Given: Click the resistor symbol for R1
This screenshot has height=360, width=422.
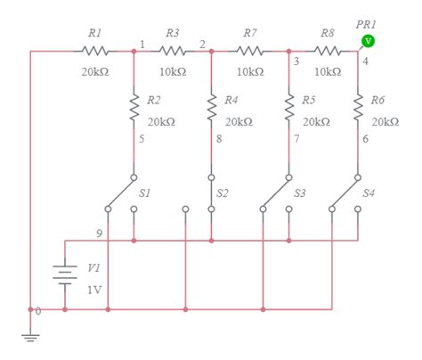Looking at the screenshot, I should click(x=95, y=51).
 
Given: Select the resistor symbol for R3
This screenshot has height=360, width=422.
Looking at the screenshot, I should click(x=174, y=51).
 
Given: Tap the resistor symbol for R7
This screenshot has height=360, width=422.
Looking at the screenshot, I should click(x=251, y=51).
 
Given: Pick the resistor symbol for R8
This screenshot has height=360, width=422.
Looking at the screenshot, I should click(x=329, y=51).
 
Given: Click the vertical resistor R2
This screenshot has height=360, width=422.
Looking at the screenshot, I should click(x=134, y=108).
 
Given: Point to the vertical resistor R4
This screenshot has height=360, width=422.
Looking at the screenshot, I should click(x=211, y=108).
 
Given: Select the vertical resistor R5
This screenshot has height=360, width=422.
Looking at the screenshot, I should click(x=289, y=108).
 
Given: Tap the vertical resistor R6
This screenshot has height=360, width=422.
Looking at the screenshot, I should click(x=358, y=108).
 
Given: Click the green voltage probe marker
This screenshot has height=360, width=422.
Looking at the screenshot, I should click(x=368, y=41).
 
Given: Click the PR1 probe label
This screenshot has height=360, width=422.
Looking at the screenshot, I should click(x=365, y=26).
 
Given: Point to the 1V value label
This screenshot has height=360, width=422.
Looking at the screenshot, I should click(x=93, y=289).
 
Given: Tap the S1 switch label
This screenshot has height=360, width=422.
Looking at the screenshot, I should click(x=145, y=192).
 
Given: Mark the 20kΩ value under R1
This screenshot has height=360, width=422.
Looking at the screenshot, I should click(x=95, y=70).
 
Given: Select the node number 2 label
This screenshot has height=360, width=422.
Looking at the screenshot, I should click(x=202, y=44).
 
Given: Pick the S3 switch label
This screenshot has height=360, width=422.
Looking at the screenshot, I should click(x=300, y=192).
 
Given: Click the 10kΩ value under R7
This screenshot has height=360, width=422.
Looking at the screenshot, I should click(x=251, y=70).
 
